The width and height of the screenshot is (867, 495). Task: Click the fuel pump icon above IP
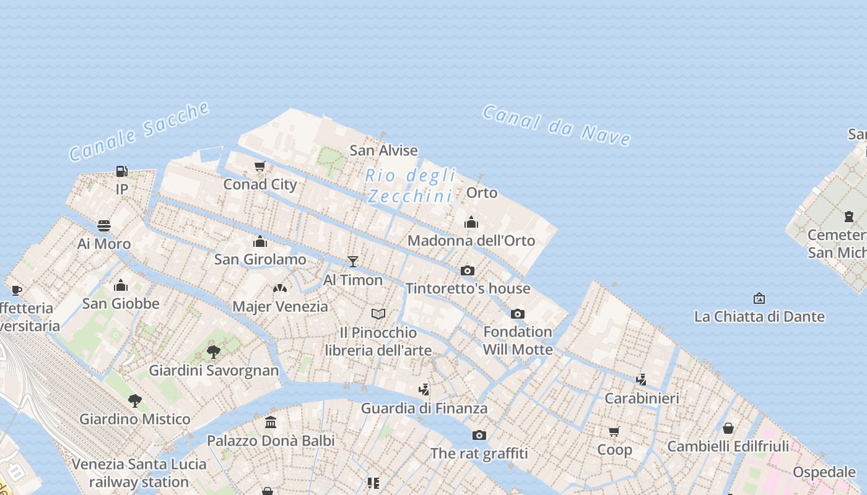point(121,171)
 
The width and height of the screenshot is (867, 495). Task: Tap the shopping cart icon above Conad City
point(260,166)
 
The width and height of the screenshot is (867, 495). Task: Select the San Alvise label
point(383,150)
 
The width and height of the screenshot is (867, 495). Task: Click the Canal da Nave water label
point(556,125)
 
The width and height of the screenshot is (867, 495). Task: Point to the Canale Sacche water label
point(139,131)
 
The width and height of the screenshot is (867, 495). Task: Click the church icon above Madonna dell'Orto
point(471,222)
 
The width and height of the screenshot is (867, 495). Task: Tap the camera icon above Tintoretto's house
point(468,270)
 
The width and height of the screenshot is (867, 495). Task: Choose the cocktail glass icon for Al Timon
point(353,262)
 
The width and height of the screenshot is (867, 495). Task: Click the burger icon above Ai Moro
point(104,226)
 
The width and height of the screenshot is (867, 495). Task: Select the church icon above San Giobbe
point(121,285)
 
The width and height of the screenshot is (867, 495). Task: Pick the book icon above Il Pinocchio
point(378,314)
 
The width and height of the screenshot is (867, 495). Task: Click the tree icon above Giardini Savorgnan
point(214,352)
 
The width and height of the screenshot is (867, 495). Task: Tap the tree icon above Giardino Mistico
point(135,401)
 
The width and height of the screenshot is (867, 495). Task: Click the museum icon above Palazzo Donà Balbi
point(271,423)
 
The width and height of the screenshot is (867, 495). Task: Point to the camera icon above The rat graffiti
point(479,435)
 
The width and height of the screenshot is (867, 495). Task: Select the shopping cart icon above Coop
point(614,431)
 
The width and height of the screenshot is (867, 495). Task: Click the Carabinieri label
point(642,398)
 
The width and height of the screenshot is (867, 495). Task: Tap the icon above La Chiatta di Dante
point(759,298)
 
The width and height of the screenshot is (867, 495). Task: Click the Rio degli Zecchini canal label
point(411,186)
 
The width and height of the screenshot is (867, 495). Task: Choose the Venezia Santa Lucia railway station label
point(139,473)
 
